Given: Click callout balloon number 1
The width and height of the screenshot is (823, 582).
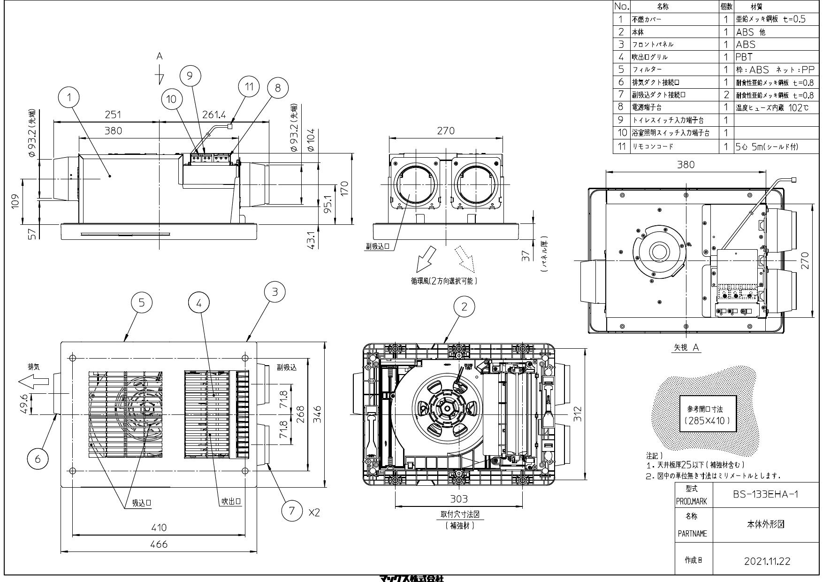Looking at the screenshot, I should click(69, 98).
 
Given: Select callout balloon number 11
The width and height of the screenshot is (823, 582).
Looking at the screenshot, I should click(249, 86).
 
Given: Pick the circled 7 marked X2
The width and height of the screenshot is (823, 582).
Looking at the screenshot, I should click(292, 511).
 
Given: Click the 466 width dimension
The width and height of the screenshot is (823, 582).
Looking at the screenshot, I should click(159, 544).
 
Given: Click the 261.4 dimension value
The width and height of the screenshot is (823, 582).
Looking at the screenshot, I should click(214, 115).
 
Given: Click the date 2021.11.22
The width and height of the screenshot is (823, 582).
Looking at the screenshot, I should click(767, 561).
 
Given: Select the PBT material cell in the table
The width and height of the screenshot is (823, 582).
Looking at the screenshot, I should click(744, 57).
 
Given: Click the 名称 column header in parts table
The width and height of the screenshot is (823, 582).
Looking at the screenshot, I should click(663, 7).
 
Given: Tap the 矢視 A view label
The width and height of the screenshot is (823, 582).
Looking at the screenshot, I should click(686, 347).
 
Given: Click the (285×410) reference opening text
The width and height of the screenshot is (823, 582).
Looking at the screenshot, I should click(708, 421).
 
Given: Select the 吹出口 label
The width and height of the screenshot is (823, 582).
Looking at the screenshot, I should click(231, 502).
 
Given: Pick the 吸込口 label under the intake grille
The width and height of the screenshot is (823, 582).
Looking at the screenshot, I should click(141, 503).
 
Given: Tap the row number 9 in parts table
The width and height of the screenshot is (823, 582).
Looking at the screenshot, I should click(621, 120).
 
